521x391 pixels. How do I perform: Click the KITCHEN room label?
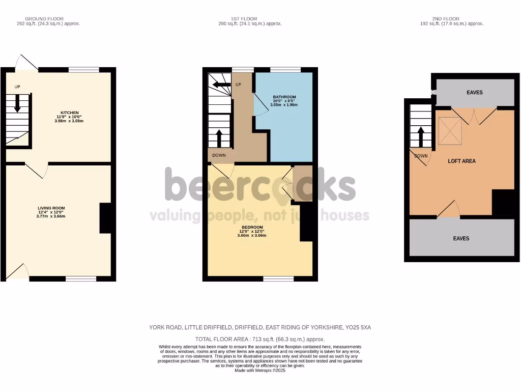(69, 113)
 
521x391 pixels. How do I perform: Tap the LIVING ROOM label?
(51, 208)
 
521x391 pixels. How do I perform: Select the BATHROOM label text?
(284, 97)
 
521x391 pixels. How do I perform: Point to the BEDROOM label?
(252, 227)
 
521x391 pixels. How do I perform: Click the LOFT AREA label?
(461, 161)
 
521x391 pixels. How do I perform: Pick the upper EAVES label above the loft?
(474, 92)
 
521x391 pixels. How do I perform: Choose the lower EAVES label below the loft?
(461, 238)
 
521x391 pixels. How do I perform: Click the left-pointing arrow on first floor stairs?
(221, 85)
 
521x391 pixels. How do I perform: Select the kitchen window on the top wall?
(84, 70)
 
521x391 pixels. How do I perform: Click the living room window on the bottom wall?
(81, 278)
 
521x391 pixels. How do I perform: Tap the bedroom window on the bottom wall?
(278, 278)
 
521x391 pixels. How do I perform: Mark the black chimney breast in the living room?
(105, 218)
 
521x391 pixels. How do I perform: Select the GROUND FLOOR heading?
(44, 19)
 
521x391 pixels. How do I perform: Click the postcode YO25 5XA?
(358, 327)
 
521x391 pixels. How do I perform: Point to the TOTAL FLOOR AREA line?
(260, 339)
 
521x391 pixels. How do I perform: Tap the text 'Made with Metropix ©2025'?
(260, 370)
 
